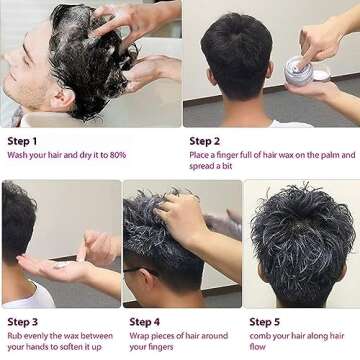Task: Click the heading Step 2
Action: [x=206, y=141]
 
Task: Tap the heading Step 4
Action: [x=145, y=322]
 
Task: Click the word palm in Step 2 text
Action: [x=322, y=155]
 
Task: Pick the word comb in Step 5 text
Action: [x=262, y=336]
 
